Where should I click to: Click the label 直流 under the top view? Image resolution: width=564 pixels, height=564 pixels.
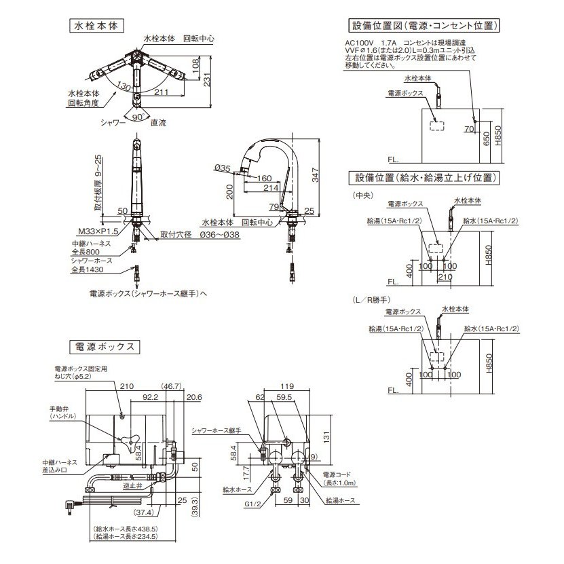(x=159, y=124)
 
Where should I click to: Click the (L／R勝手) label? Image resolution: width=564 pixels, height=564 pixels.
(x=370, y=299)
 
